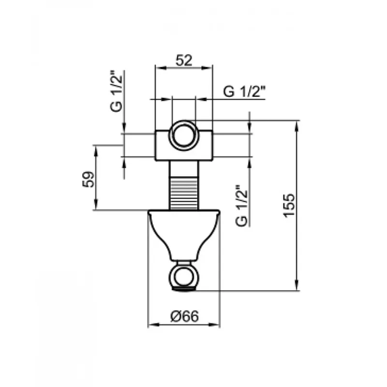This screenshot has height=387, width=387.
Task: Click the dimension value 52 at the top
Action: (184, 60)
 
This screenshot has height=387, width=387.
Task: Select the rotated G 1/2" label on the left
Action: (117, 91)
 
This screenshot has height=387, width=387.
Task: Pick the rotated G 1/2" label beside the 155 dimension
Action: (241, 205)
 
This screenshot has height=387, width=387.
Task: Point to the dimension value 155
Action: (288, 205)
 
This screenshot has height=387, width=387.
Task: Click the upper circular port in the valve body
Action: (183, 133)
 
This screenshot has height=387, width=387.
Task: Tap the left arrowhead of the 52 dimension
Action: (157, 69)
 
